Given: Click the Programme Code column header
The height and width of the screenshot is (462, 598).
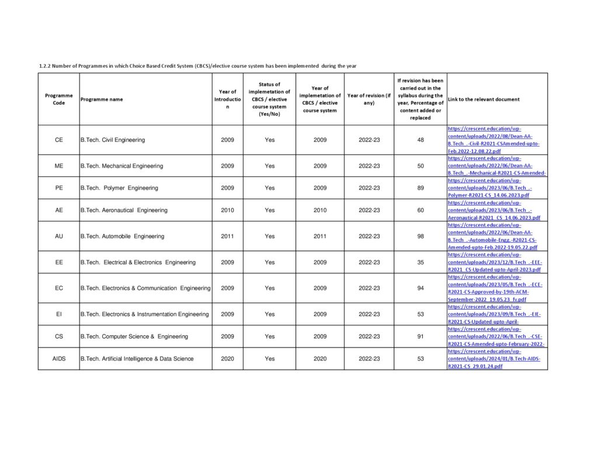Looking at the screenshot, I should pos(58,99).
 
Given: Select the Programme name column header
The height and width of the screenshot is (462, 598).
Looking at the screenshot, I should pos(102,99).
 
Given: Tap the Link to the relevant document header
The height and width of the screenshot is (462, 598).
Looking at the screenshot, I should pos(484,99).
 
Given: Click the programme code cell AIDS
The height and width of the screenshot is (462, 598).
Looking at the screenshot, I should pos(58,359).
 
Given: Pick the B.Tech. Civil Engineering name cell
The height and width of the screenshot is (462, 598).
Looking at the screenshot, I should pos(113,140).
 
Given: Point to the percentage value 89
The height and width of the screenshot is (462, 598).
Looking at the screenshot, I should pos(420,188).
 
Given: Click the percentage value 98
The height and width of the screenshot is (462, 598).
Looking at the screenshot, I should pos(420,237).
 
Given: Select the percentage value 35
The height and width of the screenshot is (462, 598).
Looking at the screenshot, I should pos(420,262).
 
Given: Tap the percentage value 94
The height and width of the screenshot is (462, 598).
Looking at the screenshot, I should pos(420,288).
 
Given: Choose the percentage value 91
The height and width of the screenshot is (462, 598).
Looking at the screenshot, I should pos(420,336).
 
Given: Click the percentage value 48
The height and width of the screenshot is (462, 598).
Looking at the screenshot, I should pos(420,140).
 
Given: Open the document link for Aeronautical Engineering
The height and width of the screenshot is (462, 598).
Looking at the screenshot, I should pos(493,210).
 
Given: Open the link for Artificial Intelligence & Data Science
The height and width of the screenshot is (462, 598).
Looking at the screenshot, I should pos(493,359).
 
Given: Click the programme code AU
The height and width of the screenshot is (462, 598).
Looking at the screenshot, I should pos(58,237).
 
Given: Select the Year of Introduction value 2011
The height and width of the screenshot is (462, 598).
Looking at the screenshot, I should pos(227,237).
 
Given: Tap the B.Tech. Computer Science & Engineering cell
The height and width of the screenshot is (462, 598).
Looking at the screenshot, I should pos(134,336).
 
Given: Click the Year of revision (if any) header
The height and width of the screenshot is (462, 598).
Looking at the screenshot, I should pos(368,99).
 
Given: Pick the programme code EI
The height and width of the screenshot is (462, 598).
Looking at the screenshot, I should pos(58,314).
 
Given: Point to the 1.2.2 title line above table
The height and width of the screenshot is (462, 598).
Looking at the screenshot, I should pos(197,66).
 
